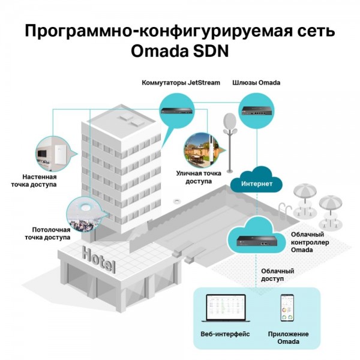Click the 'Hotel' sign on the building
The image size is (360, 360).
[x=98, y=259]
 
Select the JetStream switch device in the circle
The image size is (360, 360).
[x=178, y=110]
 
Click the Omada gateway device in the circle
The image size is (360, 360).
[x=256, y=110]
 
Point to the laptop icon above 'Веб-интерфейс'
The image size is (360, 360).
[x=226, y=308]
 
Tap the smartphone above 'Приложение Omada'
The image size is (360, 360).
[x=287, y=308]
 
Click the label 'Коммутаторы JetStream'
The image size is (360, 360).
[x=181, y=83]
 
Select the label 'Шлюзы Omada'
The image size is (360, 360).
[x=256, y=83]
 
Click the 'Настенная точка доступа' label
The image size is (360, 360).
[x=34, y=181]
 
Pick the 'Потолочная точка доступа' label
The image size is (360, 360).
[x=47, y=233]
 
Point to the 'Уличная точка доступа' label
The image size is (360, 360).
[x=199, y=177]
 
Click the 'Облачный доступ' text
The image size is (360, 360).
[x=278, y=275]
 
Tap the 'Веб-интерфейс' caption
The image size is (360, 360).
[x=225, y=334]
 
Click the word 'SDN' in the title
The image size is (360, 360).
[x=211, y=51]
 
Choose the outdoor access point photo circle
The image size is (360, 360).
[x=202, y=149]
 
